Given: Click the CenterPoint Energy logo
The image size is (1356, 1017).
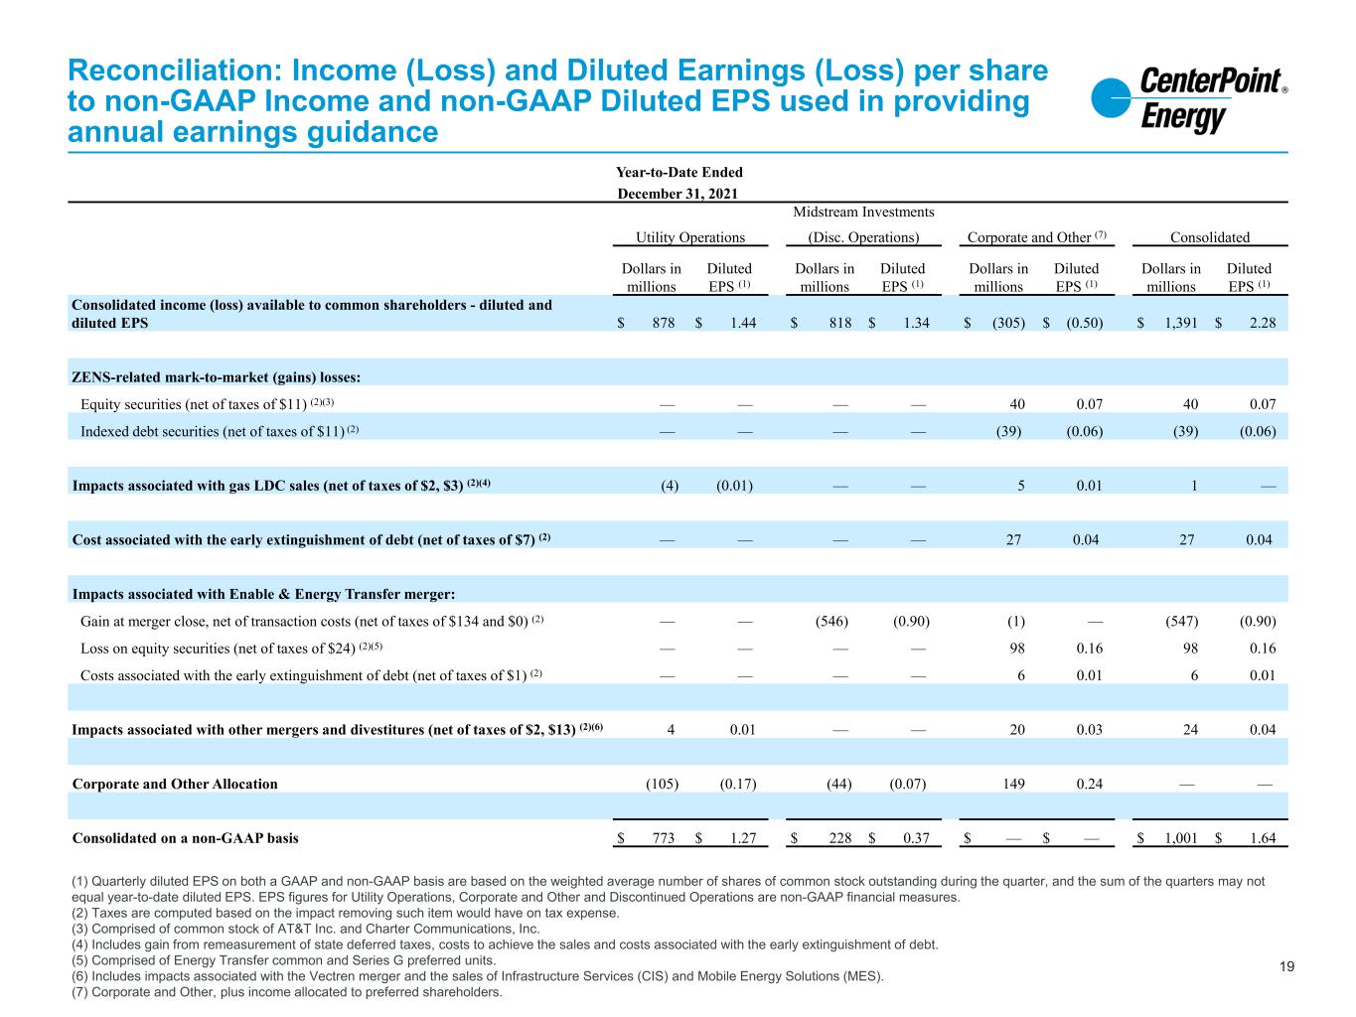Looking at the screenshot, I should tap(1188, 100).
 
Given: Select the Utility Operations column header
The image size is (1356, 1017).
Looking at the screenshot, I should tap(690, 237).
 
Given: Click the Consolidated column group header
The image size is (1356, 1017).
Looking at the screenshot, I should tap(1209, 237).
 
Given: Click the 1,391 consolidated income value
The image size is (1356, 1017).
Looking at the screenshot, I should tap(1178, 323).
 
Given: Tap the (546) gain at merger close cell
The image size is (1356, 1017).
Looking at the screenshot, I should tap(831, 622).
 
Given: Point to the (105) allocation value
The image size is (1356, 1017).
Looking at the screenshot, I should tap(662, 784).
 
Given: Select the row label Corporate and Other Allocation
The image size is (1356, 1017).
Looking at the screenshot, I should tap(175, 784).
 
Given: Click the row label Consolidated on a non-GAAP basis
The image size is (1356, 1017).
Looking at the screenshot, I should tap(185, 838).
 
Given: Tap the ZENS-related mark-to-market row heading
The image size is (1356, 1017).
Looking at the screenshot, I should tap(216, 377).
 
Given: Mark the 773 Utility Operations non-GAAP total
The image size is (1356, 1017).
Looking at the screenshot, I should tap(662, 838).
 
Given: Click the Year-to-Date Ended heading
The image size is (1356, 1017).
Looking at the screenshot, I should tap(680, 173).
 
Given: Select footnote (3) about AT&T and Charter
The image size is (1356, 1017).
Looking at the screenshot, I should tap(306, 930).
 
